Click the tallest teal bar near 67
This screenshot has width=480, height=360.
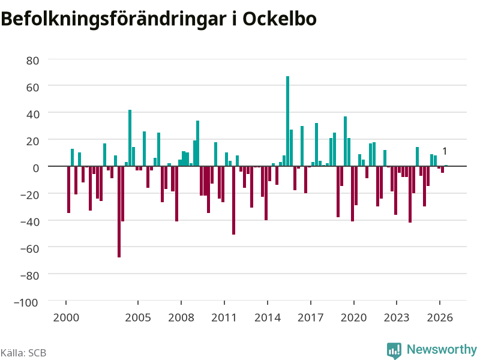[287, 121]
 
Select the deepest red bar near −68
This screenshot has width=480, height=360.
[119, 212]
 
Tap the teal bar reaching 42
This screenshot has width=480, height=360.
[130, 138]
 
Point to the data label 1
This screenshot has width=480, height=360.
[445, 151]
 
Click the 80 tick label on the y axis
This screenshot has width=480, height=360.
[33, 61]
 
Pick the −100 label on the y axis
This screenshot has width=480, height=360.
[26, 302]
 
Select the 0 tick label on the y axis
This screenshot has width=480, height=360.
[36, 168]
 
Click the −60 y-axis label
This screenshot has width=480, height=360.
[29, 248]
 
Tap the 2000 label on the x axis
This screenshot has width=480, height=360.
[66, 317]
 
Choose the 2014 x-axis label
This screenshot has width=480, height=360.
[268, 317]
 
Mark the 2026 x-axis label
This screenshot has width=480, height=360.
[440, 317]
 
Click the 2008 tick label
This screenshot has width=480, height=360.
[181, 317]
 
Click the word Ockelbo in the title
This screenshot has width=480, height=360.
[280, 19]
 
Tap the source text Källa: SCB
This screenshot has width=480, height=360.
[23, 353]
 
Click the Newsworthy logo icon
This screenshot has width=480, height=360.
[394, 350]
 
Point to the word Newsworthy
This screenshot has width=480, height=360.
[442, 349]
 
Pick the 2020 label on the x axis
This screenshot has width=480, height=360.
[353, 317]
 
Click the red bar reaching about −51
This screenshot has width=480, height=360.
[233, 200]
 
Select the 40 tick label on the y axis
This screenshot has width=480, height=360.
[33, 115]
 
